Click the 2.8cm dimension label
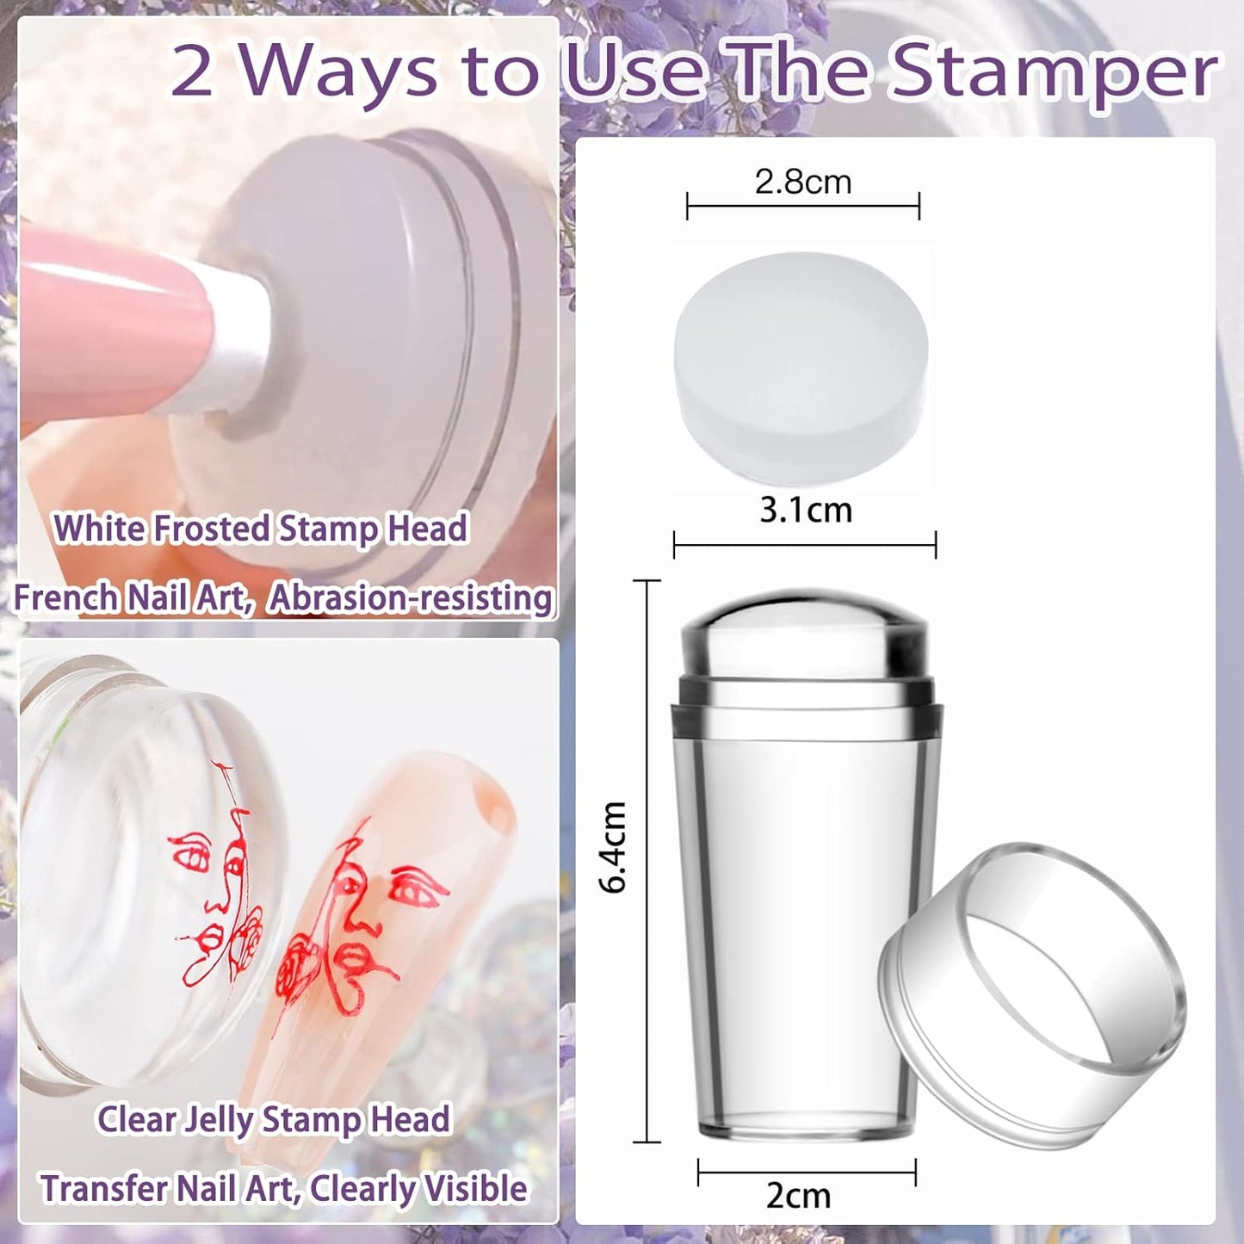coord(802,183)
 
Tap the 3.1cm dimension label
coord(806,511)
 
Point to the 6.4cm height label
coord(614,847)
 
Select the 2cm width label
coord(798,1196)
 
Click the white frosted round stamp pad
coord(801,366)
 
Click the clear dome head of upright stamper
coord(805,633)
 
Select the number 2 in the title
coord(191,72)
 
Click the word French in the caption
coord(65,597)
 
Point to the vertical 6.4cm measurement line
coord(647,861)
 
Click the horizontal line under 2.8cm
coord(802,207)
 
